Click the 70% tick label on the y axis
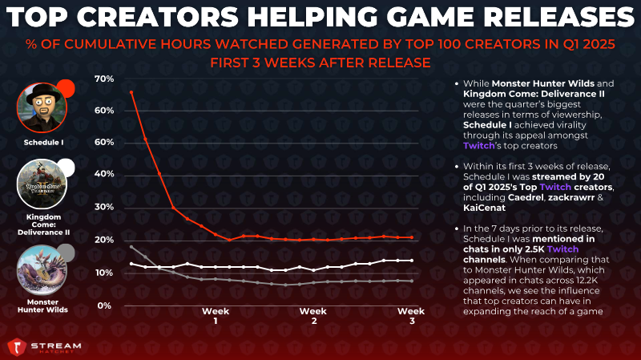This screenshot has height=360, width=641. tap(104, 79)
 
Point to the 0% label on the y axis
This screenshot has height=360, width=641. tap(104, 305)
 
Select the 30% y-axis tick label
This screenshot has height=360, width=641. tap(104, 207)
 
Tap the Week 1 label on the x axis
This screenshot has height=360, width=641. tap(216, 316)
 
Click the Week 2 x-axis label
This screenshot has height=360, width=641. tap(313, 316)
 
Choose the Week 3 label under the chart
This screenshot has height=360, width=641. tap(411, 316)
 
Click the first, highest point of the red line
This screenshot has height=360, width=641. tap(131, 92)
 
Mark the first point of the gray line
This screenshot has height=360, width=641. tap(131, 247)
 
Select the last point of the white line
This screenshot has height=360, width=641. tap(412, 261)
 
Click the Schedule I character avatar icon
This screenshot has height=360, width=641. tap(42, 108)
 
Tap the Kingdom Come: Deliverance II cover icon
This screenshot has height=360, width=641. tap(42, 184)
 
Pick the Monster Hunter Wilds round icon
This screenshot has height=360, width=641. tap(42, 270)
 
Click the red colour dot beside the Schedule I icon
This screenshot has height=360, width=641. tap(66, 88)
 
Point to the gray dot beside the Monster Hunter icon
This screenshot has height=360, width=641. tap(66, 253)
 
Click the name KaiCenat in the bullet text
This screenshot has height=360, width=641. tap(485, 208)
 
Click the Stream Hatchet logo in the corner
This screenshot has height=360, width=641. tap(44, 347)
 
